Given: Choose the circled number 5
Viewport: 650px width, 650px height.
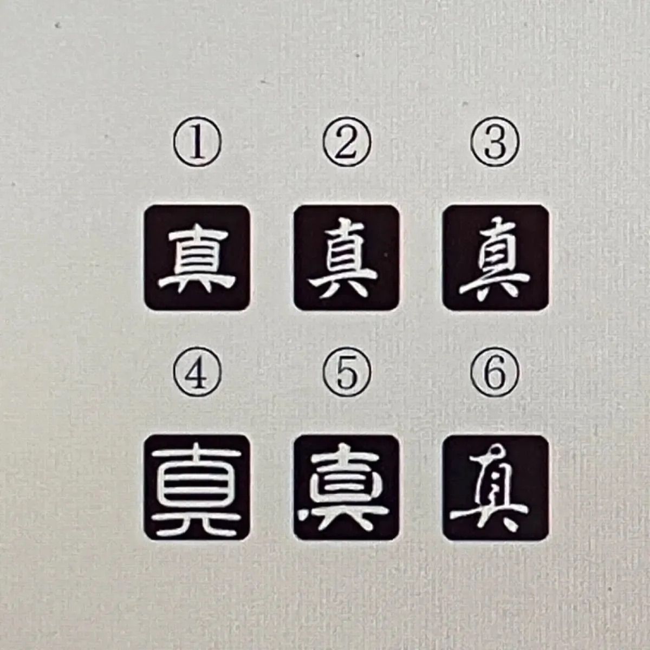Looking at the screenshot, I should coord(347,373).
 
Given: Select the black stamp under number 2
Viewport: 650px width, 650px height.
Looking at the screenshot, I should coord(347,258).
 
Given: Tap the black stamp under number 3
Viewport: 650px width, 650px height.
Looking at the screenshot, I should coord(496,258).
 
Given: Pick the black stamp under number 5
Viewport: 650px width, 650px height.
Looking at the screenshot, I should coord(347,487).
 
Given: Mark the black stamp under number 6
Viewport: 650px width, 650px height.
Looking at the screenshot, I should coord(496,487).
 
